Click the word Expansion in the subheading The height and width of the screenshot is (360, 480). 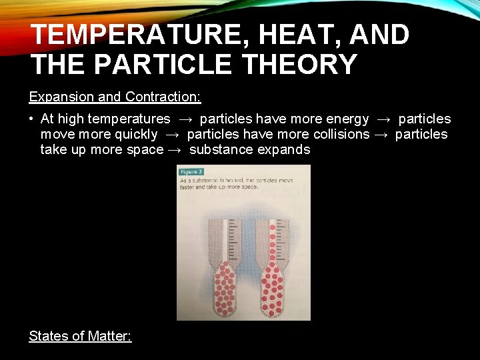tap(61, 97)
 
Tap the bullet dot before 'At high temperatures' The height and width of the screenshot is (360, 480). tap(31, 119)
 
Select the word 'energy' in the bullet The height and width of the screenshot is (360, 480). tap(347, 119)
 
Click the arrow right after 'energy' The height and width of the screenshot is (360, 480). tap(383, 119)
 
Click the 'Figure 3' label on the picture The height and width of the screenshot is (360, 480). tap(191, 172)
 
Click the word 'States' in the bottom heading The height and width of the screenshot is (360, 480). tap(49, 336)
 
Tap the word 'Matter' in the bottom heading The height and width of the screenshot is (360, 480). tap(109, 336)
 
